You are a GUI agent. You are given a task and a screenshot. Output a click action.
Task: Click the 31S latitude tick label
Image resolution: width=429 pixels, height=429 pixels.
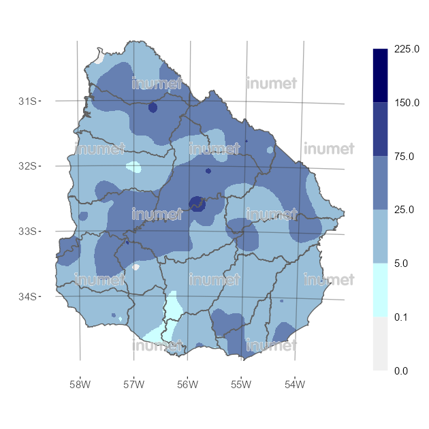27,101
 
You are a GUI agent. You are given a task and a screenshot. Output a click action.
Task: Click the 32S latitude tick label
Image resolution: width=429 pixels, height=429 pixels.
27,166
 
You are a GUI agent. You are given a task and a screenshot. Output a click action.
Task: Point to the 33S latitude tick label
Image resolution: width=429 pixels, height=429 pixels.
27,232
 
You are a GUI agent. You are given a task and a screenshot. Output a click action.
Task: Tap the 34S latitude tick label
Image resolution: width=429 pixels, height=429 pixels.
27,297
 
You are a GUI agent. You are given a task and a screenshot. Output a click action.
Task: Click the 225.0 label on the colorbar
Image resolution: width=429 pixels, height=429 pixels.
406,50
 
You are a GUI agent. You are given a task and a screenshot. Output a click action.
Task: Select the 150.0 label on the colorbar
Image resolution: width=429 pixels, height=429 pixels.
406,103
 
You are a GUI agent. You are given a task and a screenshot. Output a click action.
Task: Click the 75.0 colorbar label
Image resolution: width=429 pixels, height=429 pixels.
404,157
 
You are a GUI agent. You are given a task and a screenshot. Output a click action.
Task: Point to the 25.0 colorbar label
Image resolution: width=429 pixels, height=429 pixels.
404,210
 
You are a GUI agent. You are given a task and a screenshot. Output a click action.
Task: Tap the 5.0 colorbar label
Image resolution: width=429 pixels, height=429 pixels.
402,264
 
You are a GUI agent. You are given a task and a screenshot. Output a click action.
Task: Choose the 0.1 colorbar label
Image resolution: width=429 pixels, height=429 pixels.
402,317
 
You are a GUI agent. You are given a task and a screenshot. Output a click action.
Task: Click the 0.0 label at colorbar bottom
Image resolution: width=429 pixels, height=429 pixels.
402,370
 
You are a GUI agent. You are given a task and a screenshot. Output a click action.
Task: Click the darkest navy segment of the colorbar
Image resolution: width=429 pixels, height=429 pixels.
380,76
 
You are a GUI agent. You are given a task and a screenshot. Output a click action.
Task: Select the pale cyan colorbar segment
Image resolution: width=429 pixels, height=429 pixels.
380,290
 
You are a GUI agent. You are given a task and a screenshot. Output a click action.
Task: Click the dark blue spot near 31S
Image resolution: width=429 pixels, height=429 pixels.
153,108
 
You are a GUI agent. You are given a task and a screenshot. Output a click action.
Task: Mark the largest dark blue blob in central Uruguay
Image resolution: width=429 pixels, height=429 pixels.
196,203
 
